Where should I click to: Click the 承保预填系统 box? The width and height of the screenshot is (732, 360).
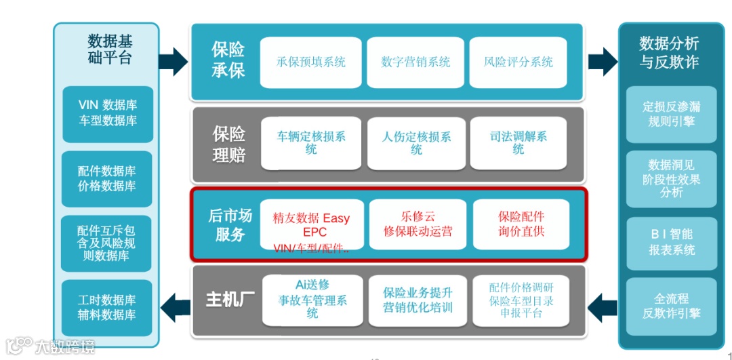tap(311, 62)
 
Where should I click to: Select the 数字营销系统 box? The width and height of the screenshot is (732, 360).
tap(415, 62)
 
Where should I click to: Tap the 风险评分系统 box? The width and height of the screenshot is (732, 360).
tap(518, 62)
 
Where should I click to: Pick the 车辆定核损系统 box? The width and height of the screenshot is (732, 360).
tap(311, 143)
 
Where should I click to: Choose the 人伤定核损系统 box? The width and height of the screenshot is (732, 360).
tap(415, 143)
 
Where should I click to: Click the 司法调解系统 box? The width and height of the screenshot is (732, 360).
tap(518, 143)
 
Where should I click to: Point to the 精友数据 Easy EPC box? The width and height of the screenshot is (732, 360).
tap(311, 225)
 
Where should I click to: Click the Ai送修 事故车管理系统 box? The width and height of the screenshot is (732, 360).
tap(311, 300)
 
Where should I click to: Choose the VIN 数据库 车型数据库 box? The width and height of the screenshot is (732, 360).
tap(108, 113)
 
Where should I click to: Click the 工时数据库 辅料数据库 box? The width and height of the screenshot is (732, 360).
tap(108, 307)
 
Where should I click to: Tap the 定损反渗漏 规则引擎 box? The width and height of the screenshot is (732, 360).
tap(671, 114)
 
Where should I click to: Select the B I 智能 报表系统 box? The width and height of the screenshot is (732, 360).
tap(671, 243)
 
